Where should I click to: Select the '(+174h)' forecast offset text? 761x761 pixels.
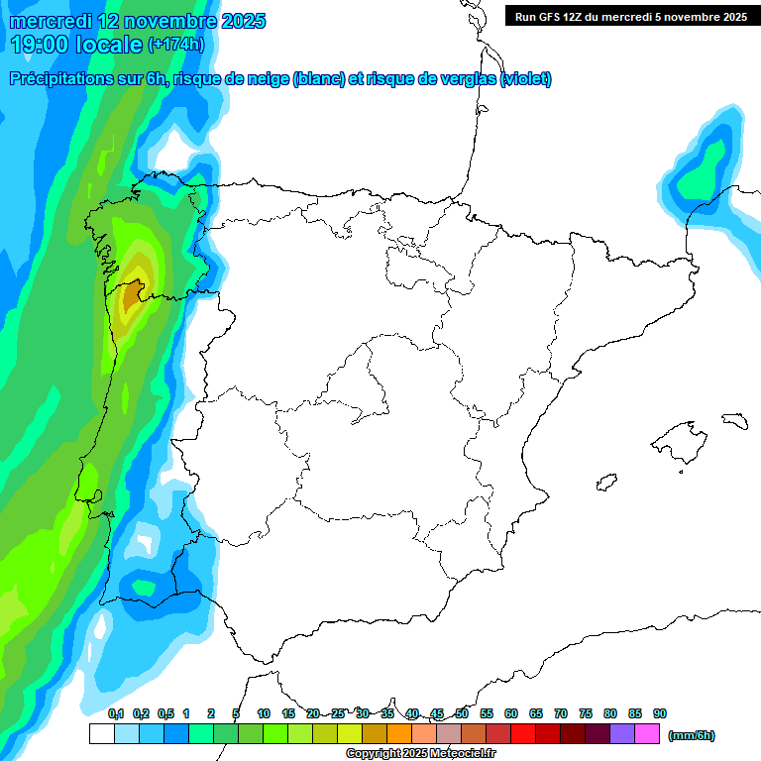tap(175, 45)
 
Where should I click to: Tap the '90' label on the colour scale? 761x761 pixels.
tap(659, 713)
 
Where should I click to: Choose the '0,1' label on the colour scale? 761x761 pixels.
tap(116, 713)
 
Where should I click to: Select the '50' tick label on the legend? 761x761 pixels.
tap(462, 713)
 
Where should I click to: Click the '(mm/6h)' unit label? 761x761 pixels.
tap(691, 735)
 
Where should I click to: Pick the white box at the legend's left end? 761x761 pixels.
tap(101, 734)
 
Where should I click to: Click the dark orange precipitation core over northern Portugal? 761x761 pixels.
tap(131, 294)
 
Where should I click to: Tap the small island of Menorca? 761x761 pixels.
tap(734, 420)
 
